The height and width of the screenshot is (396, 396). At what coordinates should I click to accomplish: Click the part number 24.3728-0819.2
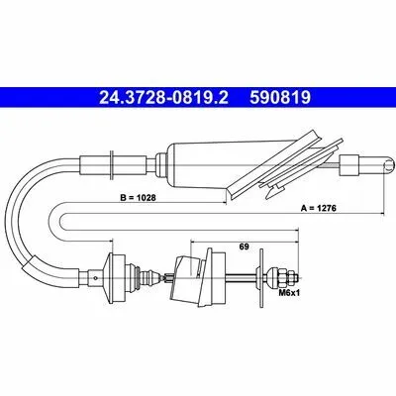[163, 97]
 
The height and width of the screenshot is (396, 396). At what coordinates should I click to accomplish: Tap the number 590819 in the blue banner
[280, 97]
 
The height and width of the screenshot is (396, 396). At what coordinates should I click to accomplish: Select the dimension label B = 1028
[138, 198]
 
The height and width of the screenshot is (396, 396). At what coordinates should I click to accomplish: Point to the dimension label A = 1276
[319, 208]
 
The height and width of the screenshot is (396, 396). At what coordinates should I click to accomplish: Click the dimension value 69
[245, 247]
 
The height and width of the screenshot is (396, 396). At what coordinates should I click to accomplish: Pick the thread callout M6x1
[289, 292]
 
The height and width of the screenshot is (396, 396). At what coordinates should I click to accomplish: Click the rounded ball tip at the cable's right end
[389, 164]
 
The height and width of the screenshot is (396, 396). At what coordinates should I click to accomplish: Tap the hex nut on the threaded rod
[284, 277]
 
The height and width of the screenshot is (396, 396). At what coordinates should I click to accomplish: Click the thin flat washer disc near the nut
[261, 278]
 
